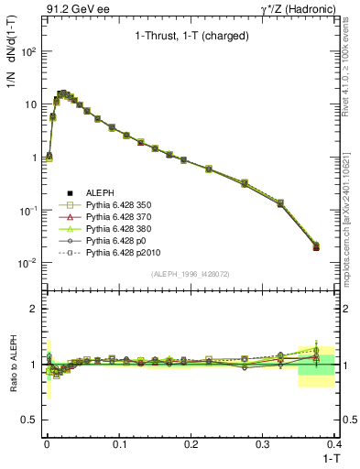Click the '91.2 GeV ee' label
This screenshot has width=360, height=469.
pyautogui.click(x=71, y=8)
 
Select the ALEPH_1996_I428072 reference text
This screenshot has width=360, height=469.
pyautogui.click(x=190, y=275)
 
